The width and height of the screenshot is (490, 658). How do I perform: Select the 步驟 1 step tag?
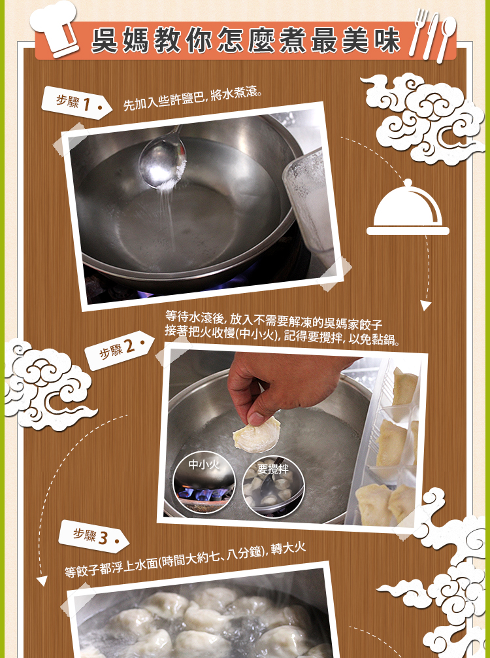[76, 103]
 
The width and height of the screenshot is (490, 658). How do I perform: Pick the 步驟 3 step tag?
[93, 536]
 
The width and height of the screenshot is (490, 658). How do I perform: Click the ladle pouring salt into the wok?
[163, 159]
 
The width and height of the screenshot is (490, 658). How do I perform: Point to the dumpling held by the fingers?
[256, 435]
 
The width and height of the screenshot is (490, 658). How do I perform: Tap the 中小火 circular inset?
[204, 484]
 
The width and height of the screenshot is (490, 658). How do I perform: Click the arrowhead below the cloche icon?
[425, 305]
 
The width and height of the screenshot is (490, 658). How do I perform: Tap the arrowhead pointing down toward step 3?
[42, 581]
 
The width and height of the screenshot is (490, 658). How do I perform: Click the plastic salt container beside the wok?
[308, 201]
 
